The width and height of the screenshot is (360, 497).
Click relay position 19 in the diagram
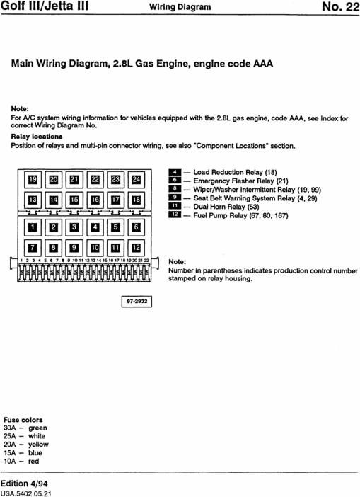[31, 180]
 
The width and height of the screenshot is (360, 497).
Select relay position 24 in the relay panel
[136, 180]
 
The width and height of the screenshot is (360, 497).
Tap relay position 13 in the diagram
[31, 200]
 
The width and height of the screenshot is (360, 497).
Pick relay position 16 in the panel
[94, 200]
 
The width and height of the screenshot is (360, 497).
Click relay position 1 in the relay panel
[31, 227]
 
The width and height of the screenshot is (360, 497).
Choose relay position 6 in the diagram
[136, 227]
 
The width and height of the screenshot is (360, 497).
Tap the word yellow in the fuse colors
[33, 444]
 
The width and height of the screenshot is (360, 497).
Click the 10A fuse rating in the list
[9, 461]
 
